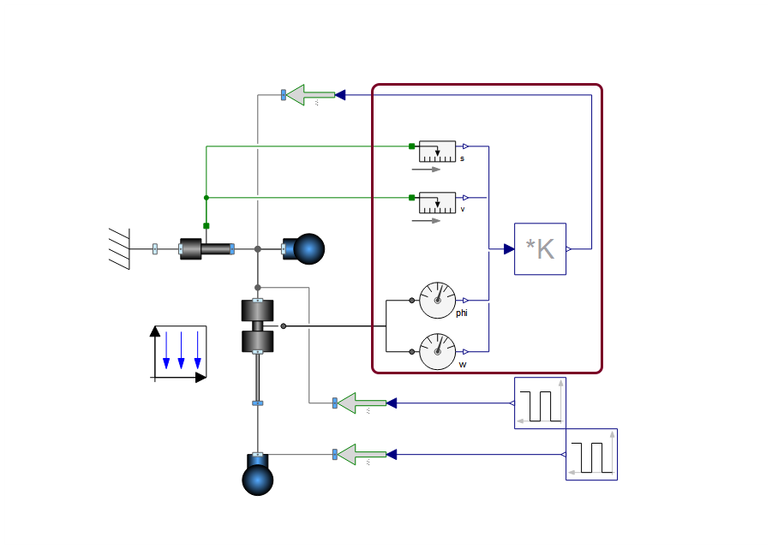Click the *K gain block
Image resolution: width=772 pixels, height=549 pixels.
[540, 249]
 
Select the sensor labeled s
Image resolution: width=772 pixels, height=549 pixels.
[437, 152]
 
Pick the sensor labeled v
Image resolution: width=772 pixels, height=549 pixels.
[437, 203]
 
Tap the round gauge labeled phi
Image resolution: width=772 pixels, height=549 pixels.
[437, 300]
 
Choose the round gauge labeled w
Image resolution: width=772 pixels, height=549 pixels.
[437, 352]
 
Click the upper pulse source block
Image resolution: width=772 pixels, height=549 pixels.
[540, 403]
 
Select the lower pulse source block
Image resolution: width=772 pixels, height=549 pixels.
[591, 455]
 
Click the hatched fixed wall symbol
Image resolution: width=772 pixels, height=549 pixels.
[120, 249]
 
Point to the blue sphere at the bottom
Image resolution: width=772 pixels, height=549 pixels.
[258, 480]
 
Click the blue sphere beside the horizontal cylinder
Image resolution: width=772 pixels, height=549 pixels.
[308, 249]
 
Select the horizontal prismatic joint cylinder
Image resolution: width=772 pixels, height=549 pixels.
[206, 249]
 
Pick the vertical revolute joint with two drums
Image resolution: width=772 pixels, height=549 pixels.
[258, 326]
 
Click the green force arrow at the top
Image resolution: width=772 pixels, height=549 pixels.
[311, 95]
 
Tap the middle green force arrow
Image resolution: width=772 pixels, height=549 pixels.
[362, 403]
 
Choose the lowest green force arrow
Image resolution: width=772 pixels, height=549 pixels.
[362, 455]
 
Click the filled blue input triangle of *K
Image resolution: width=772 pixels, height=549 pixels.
[509, 249]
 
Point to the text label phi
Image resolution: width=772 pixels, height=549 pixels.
[461, 313]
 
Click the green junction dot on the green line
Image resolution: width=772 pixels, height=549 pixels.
[206, 198]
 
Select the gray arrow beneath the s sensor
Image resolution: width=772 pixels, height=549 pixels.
[426, 170]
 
